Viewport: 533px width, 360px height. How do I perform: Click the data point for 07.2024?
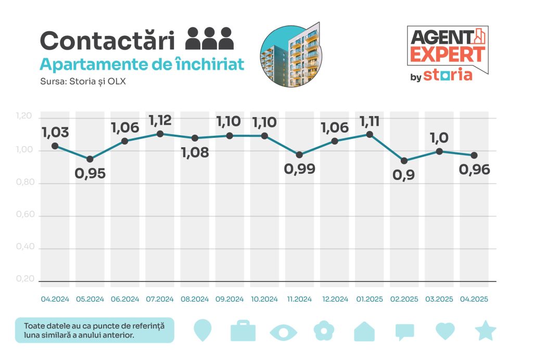pos(160,134)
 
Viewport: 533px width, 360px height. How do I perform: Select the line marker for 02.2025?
pos(404,161)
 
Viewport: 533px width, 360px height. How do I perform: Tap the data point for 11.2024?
pos(299,155)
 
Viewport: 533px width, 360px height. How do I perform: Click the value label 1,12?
pos(160,121)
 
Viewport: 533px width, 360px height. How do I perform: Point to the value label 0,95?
pos(90,173)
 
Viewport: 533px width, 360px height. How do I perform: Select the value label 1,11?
pos(370,122)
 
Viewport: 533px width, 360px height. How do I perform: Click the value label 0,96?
pos(474,170)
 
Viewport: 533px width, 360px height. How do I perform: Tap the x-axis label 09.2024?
pos(230,300)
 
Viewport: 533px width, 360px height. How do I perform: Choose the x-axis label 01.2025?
pos(370,300)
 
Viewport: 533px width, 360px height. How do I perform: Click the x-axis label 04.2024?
pos(55,300)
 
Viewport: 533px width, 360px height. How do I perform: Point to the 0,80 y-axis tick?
pos(25,183)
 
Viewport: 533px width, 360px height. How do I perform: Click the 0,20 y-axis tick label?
pos(25,279)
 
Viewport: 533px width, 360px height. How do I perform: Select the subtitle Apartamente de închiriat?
pos(142,65)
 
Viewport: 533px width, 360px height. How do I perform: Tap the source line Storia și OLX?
pos(83,82)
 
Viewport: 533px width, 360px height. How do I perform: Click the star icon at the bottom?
pos(486,331)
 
